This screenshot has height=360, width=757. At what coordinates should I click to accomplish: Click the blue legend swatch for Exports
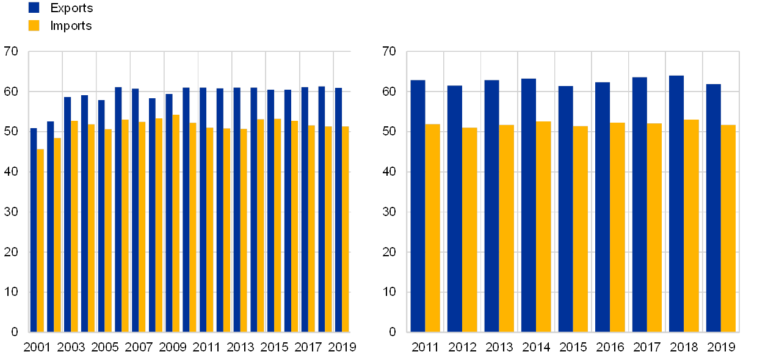tap(34, 7)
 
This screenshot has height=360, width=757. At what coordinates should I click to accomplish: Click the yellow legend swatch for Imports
tap(34, 25)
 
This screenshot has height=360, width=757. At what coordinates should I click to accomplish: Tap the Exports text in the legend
tap(73, 8)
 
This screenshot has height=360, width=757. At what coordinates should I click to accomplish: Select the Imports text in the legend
tap(73, 26)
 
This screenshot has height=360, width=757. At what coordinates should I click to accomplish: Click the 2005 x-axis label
tap(104, 347)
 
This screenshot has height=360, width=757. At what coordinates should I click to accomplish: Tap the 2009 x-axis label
tap(172, 347)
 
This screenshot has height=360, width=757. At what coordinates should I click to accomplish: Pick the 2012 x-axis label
tap(462, 347)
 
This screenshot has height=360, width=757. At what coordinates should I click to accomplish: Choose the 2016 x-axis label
tap(610, 347)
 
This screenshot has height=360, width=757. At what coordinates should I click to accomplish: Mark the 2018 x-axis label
tap(684, 347)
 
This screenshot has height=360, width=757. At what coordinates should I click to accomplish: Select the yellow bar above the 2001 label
tap(40, 240)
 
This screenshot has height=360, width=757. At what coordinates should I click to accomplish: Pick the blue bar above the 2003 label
tap(67, 214)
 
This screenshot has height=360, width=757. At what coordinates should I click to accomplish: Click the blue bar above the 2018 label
tap(676, 204)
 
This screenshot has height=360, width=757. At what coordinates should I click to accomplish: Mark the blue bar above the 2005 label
tap(101, 216)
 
